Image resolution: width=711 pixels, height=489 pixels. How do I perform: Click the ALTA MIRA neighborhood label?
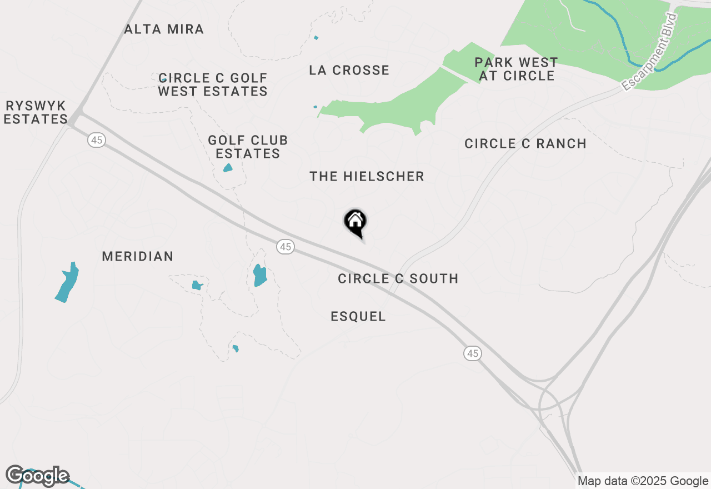pyautogui.click(x=164, y=29)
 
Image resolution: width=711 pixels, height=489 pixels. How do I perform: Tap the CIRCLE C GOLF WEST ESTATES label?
pyautogui.click(x=213, y=84)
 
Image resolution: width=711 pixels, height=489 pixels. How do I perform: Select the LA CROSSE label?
pyautogui.click(x=349, y=71)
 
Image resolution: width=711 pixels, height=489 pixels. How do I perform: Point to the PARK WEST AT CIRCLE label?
pyautogui.click(x=517, y=69)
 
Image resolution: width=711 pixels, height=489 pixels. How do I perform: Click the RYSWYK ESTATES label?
pyautogui.click(x=36, y=112)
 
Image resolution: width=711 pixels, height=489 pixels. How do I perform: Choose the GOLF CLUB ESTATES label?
pyautogui.click(x=248, y=147)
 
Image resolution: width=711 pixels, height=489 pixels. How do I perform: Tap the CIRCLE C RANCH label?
pyautogui.click(x=525, y=144)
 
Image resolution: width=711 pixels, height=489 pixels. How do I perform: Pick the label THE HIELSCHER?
pyautogui.click(x=367, y=177)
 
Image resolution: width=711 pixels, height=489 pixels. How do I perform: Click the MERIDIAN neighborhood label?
pyautogui.click(x=138, y=257)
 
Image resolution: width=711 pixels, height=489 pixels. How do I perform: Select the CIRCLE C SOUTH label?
pyautogui.click(x=398, y=279)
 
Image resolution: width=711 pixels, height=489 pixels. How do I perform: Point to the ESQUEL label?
pyautogui.click(x=358, y=317)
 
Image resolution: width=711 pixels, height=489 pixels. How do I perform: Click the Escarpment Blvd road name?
pyautogui.click(x=650, y=52)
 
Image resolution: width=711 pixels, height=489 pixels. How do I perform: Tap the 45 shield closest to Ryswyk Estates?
pyautogui.click(x=97, y=140)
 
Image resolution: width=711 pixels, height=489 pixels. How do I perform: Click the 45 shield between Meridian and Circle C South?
pyautogui.click(x=286, y=247)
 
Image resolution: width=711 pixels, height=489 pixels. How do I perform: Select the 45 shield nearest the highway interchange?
pyautogui.click(x=472, y=353)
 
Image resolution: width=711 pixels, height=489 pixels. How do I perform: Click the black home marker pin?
pyautogui.click(x=355, y=222)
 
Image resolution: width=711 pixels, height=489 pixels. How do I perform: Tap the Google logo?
pyautogui.click(x=37, y=476)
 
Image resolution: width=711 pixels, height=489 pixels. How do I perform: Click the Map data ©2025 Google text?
pyautogui.click(x=643, y=481)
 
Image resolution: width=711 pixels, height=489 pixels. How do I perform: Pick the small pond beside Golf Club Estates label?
pyautogui.click(x=228, y=168)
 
